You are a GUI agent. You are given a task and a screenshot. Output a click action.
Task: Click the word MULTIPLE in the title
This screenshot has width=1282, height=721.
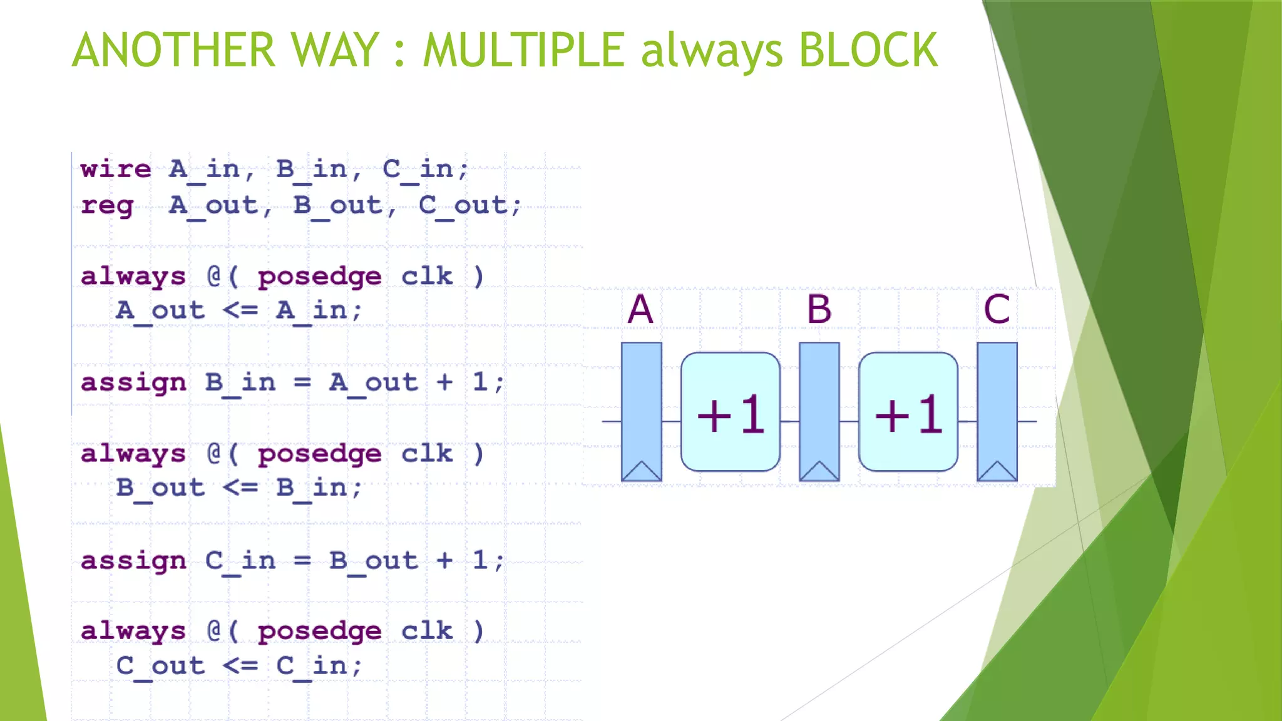[x=523, y=50]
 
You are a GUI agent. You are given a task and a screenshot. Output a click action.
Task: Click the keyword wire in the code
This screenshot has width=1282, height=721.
[x=116, y=169]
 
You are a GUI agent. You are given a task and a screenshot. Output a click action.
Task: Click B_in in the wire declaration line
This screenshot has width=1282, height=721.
[x=312, y=169]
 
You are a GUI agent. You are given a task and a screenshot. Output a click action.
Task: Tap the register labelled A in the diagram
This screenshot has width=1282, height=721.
[x=641, y=401]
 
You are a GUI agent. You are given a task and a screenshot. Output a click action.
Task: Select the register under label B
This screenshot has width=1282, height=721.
[x=819, y=401]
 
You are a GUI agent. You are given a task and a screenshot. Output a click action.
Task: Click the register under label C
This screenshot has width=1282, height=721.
[x=997, y=401]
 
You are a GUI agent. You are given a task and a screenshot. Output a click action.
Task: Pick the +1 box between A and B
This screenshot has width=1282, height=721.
[x=730, y=412]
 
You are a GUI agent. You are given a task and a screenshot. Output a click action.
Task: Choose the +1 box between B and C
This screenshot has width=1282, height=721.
[x=908, y=412]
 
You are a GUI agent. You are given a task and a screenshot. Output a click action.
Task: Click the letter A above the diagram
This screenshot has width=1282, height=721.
[x=640, y=309]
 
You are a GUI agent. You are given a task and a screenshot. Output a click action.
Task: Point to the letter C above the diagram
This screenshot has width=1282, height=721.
[x=996, y=309]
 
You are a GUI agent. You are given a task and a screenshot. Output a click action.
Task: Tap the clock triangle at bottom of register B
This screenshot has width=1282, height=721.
[x=819, y=471]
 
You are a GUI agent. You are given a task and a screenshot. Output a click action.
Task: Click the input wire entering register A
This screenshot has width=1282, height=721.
[x=611, y=421]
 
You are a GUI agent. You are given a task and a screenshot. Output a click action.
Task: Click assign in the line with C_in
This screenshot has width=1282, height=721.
[x=133, y=561]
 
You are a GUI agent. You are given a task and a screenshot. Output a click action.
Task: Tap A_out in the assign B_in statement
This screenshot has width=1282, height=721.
[x=373, y=382]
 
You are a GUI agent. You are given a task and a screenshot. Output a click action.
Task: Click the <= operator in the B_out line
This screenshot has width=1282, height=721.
[x=240, y=488]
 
